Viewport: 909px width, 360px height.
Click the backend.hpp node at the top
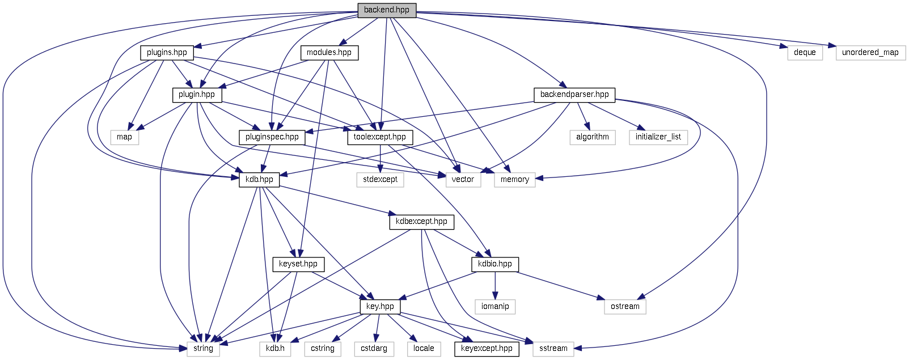387,10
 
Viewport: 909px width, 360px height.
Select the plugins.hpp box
167,53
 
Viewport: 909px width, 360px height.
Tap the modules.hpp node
329,53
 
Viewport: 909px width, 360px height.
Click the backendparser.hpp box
574,95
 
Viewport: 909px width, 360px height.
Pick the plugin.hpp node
197,95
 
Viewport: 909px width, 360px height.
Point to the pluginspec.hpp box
272,137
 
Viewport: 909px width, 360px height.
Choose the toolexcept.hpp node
380,137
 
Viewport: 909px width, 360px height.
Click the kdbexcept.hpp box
421,222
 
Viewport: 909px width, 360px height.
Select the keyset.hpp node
298,264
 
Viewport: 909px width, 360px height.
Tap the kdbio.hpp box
495,264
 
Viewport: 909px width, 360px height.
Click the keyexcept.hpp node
487,349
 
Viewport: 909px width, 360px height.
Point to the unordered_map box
870,53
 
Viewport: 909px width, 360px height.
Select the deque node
805,53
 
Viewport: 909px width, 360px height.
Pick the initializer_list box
658,137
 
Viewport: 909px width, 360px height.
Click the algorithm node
593,137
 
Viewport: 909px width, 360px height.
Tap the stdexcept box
380,180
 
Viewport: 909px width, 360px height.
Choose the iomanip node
495,307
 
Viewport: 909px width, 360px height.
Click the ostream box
625,307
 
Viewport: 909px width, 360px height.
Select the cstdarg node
374,349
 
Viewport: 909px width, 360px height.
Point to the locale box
424,349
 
